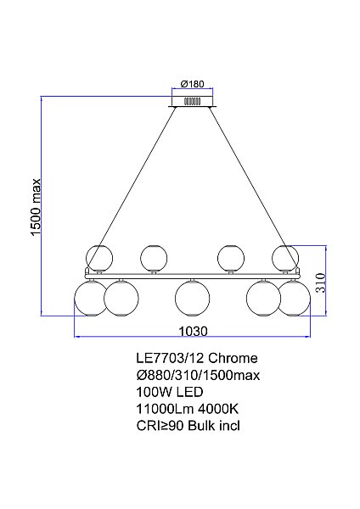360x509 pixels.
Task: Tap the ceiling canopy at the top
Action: tap(195, 101)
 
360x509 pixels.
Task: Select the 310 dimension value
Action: tap(320, 282)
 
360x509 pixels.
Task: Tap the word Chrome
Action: tap(231, 359)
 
